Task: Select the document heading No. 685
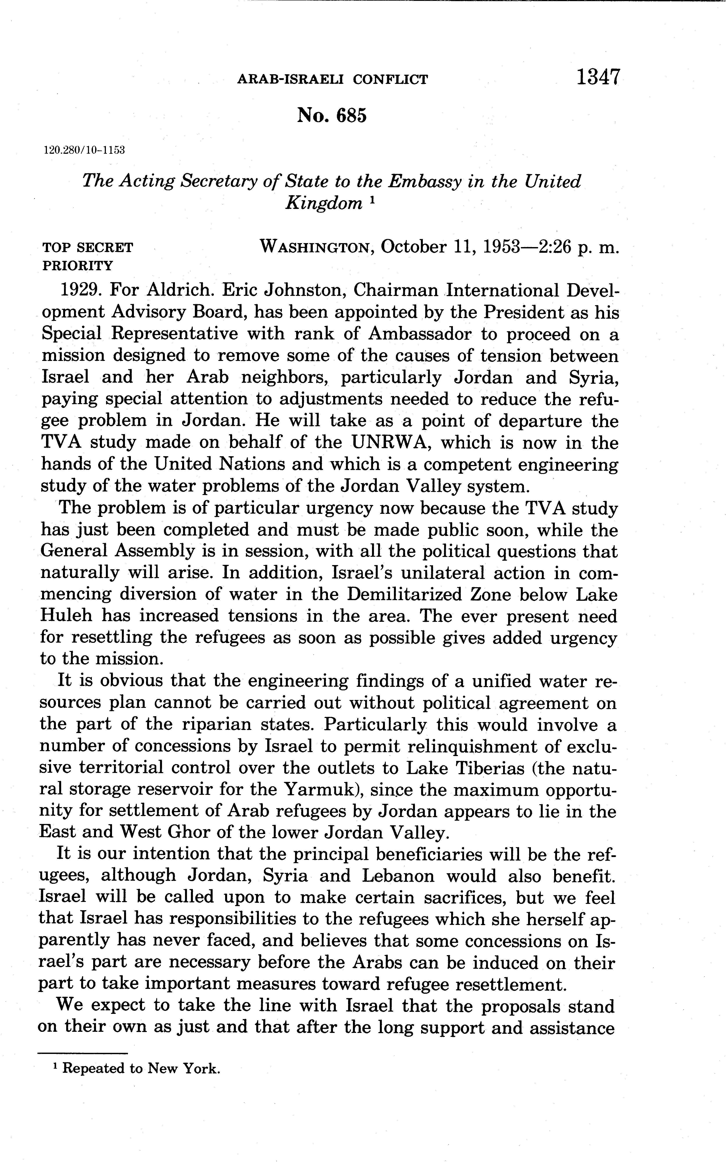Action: [x=332, y=116]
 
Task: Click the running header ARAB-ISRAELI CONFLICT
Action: [x=332, y=79]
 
